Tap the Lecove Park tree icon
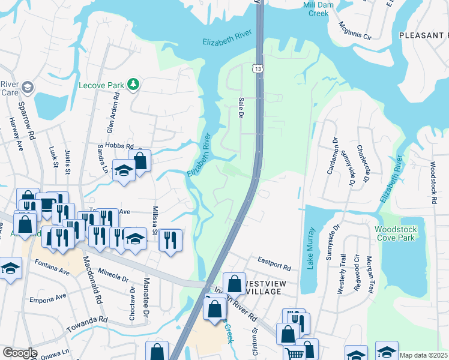pos(133,85)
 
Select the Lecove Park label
pos(101,85)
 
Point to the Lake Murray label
pos(310,248)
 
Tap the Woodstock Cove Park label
pos(394,234)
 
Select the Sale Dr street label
pos(241,107)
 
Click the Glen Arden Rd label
pos(110,122)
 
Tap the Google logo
pos(19,353)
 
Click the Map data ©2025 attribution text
pos(423,355)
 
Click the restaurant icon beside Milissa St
pos(170,239)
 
